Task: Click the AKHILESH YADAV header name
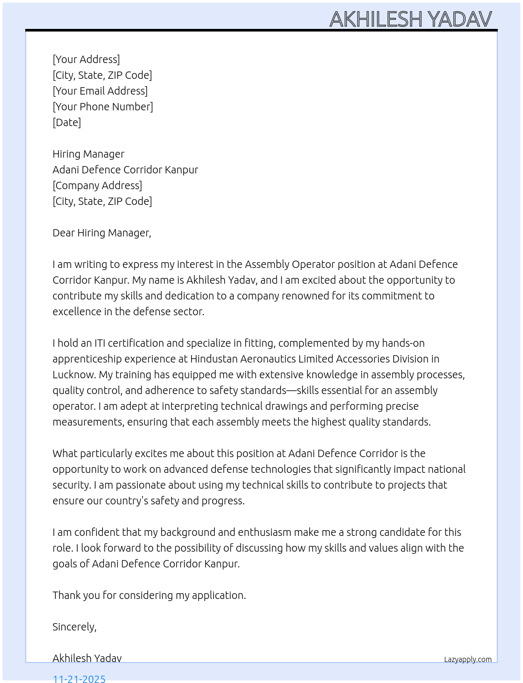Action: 410,19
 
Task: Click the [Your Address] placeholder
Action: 86,59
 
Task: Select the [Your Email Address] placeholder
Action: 100,91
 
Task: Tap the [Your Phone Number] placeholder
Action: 102,107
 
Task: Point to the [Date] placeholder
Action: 67,122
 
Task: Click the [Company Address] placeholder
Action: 97,185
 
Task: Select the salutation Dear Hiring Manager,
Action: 101,233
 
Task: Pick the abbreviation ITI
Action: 100,343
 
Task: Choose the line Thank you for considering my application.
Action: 149,595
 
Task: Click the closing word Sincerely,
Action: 74,627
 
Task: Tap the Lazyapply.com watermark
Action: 468,659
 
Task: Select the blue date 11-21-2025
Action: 79,678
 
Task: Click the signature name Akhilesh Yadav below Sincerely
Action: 87,658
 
